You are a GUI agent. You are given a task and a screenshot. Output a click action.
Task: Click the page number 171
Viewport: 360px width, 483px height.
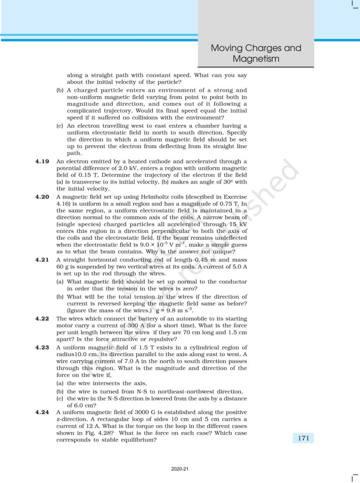tap(303, 438)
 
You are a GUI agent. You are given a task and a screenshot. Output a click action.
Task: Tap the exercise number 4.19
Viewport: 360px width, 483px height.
tap(42, 161)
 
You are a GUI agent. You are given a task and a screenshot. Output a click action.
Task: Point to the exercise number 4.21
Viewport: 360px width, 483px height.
tap(42, 259)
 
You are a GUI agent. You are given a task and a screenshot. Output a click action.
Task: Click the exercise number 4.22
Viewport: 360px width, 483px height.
tap(42, 318)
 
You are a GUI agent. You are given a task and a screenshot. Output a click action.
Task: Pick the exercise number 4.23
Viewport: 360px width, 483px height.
tap(42, 348)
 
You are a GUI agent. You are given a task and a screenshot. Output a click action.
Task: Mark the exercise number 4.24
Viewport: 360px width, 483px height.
tap(42, 412)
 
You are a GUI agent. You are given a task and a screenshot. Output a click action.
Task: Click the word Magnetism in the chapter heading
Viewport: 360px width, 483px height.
tap(256, 59)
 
